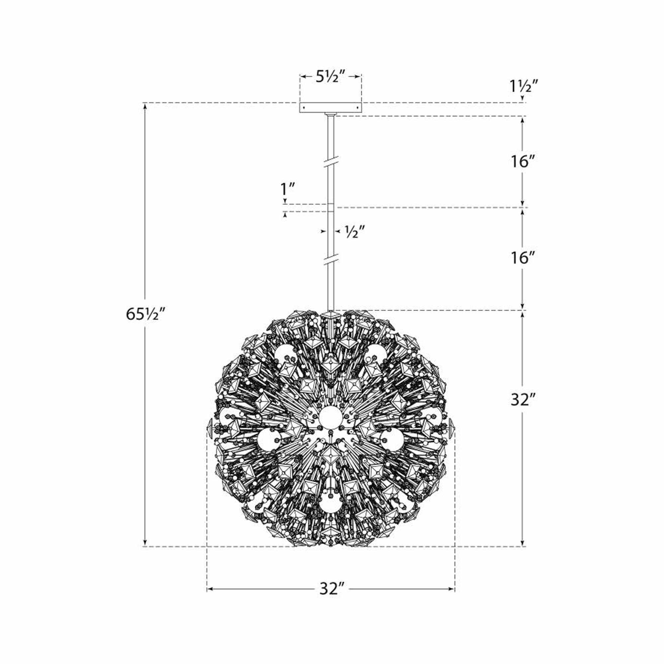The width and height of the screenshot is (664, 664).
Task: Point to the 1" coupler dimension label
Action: [288, 189]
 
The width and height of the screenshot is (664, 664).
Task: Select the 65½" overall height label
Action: [146, 314]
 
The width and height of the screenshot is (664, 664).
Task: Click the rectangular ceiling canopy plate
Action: [330, 108]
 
